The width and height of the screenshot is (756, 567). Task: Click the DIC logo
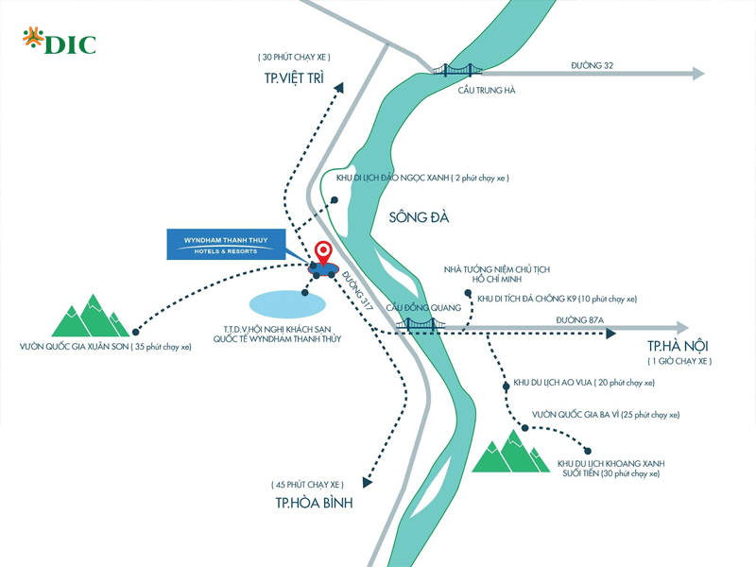point(59,43)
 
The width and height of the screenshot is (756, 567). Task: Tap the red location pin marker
point(323,252)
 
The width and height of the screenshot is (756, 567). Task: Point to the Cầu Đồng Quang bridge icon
point(421,324)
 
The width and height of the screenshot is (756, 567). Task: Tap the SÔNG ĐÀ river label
point(419,217)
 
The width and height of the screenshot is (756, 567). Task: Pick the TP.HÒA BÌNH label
point(314,503)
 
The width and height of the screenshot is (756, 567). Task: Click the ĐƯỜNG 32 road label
point(593,64)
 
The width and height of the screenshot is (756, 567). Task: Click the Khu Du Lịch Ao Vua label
point(582,383)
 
